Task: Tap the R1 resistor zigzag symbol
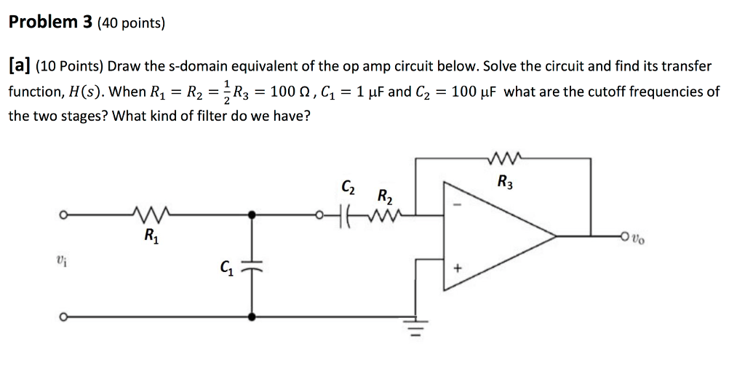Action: tap(153, 215)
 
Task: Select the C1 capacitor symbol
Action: tap(252, 268)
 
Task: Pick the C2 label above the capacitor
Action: tap(348, 188)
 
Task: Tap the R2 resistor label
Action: tap(385, 196)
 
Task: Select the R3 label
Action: tap(505, 181)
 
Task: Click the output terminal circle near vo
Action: tap(624, 236)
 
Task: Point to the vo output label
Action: tap(638, 236)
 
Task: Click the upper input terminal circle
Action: tap(64, 215)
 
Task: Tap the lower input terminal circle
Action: tap(64, 317)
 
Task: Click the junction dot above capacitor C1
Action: tap(252, 215)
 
